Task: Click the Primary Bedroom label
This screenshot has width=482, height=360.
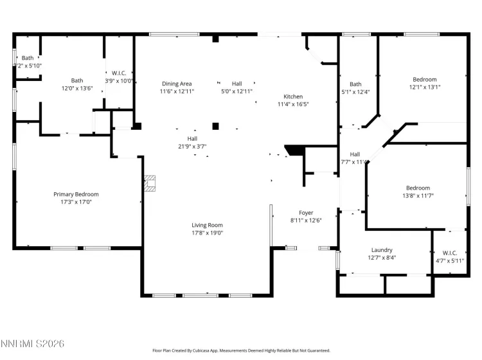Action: click(x=76, y=194)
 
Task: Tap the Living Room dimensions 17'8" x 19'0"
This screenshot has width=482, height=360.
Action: click(x=207, y=233)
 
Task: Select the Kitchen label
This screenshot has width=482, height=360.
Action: click(x=293, y=96)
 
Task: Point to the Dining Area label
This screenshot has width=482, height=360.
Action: click(x=177, y=84)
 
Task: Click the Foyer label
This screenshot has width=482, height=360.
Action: click(x=306, y=212)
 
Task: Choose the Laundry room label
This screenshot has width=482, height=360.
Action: click(x=381, y=250)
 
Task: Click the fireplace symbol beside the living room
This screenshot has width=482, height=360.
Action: click(x=150, y=184)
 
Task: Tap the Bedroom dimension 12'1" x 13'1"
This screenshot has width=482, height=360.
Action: click(x=425, y=87)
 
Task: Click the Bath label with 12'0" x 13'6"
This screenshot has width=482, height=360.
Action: click(x=77, y=80)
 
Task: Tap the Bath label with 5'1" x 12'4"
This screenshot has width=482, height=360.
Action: click(x=355, y=84)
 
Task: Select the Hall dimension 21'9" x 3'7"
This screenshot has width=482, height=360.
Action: click(x=192, y=146)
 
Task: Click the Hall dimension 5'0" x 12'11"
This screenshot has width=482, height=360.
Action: click(x=237, y=91)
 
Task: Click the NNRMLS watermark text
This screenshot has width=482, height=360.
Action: click(x=33, y=345)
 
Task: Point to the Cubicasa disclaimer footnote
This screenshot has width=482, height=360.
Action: click(x=241, y=351)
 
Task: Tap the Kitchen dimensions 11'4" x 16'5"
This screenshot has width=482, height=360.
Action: click(x=293, y=104)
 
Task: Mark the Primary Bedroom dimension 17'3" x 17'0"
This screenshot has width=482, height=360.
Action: click(x=76, y=202)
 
